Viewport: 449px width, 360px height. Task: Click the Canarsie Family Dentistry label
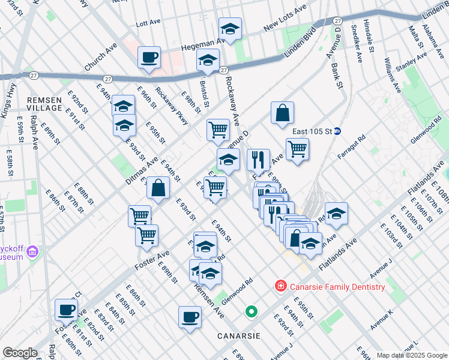coord(337,287)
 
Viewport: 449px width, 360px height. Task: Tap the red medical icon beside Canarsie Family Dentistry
coord(280,287)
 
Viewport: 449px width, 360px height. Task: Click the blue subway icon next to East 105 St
coord(337,131)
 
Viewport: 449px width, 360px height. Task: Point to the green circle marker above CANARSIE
coord(252,311)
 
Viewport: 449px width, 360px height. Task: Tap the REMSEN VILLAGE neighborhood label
coord(44,103)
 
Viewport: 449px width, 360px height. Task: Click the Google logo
coord(20,353)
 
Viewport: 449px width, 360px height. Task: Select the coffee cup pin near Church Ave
coord(149,58)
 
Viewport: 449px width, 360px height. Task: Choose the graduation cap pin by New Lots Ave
coord(229,28)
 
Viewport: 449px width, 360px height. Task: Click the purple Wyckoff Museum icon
coord(32,250)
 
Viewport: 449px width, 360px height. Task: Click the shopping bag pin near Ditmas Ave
coord(158,188)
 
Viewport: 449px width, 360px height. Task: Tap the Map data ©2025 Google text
coord(412,355)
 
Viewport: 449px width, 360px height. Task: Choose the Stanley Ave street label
coord(410,61)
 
